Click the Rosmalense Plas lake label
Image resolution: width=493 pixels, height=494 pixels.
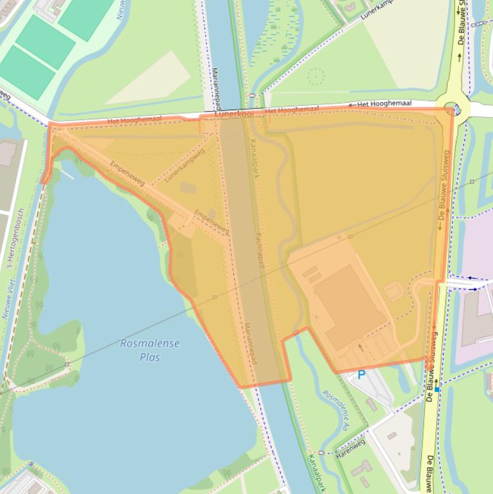149,350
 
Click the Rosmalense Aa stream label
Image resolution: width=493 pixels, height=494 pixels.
336,411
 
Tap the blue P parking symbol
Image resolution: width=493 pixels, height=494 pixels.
361,375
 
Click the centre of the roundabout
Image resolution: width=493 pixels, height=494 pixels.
453,108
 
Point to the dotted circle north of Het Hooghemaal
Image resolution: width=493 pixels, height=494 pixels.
316,77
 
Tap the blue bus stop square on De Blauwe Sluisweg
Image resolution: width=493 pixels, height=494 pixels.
437,389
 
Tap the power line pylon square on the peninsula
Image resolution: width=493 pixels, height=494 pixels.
67,364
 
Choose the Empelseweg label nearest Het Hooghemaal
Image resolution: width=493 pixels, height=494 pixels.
128,174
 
